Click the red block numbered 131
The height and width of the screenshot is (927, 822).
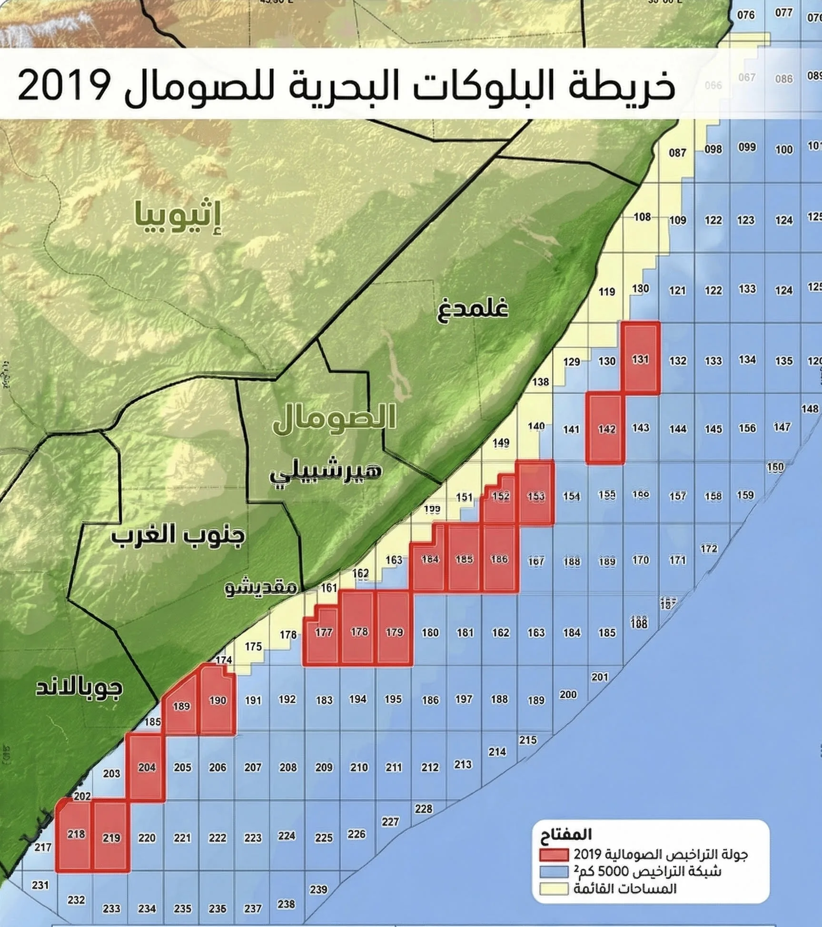pos(641,359)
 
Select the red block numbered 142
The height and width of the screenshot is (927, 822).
pos(605,428)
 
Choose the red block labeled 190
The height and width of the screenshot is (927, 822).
pos(218,700)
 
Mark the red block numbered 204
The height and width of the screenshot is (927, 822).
pos(147,767)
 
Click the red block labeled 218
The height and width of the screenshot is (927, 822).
pos(75,834)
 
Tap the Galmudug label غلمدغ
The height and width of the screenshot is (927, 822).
pos(472,308)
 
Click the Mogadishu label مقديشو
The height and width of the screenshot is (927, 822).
pos(261,588)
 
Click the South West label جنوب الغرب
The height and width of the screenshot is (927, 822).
pos(178,535)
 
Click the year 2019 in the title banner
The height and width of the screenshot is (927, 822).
pos(64,86)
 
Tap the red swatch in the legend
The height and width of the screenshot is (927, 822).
pos(554,855)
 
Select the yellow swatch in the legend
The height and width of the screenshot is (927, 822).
pos(554,889)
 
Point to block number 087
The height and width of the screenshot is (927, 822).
pos(677,153)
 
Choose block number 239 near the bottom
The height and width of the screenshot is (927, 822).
pos(318,889)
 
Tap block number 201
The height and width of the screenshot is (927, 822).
pos(599,677)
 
